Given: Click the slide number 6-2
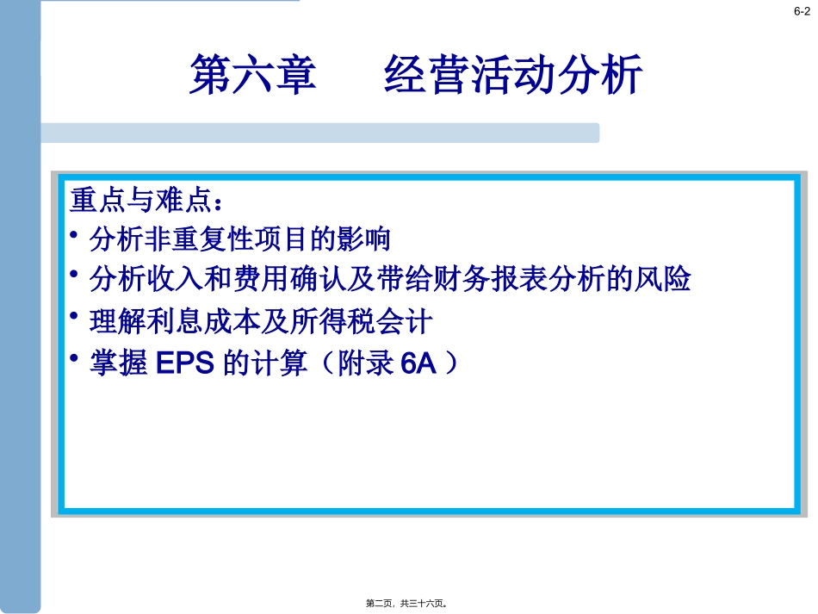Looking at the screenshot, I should click(801, 11).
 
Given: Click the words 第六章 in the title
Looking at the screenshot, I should click(253, 75).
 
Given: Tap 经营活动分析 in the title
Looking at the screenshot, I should click(513, 75).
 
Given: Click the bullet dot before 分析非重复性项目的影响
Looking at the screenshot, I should click(76, 233).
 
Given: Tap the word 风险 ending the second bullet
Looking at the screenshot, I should click(670, 279).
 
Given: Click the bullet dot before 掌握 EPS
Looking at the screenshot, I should click(76, 357).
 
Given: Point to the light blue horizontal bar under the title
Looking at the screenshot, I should click(319, 133).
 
